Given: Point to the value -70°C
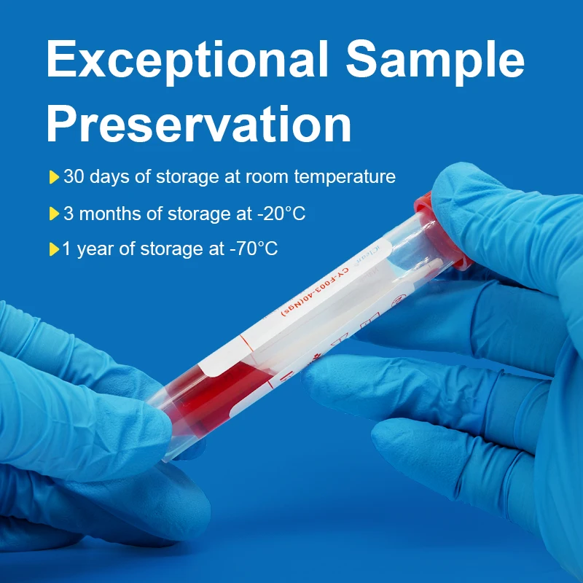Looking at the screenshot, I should pyautogui.click(x=254, y=249).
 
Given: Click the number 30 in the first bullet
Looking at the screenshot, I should pyautogui.click(x=74, y=177).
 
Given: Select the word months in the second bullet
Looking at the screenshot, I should pyautogui.click(x=110, y=214).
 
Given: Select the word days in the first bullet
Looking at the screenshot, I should pyautogui.click(x=109, y=177).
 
